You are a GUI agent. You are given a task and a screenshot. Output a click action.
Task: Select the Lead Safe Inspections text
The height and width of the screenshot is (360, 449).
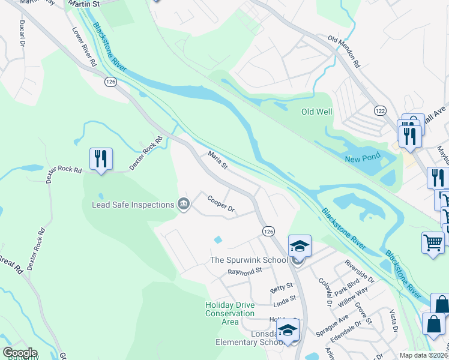click(133, 205)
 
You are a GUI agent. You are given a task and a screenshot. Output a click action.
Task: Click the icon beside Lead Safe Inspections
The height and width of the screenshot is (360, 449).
click(184, 205)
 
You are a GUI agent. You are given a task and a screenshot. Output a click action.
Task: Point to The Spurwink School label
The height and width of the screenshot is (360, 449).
click(249, 260)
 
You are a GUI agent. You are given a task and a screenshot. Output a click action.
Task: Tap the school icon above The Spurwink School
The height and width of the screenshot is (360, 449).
click(300, 245)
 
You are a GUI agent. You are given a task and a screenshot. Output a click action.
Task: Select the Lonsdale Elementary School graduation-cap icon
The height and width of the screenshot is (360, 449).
click(288, 331)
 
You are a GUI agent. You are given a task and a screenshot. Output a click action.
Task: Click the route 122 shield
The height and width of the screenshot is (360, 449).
click(379, 111)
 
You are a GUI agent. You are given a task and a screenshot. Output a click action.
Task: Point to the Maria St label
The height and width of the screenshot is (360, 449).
click(217, 160)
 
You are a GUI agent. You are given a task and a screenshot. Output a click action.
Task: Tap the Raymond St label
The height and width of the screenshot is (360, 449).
click(245, 272)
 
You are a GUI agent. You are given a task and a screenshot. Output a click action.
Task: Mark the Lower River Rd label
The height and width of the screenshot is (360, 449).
click(85, 46)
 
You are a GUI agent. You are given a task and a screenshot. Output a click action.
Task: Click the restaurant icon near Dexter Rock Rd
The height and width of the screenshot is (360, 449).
click(100, 159)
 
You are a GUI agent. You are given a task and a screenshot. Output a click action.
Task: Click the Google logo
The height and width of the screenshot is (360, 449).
click(20, 353)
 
